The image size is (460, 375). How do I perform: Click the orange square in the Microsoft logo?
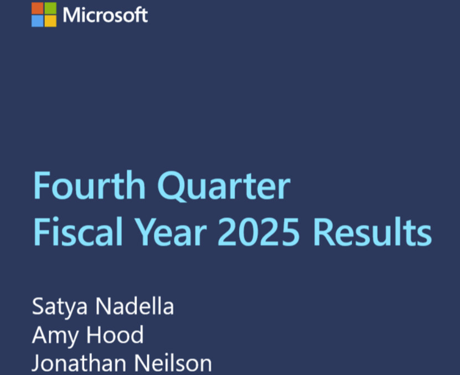click(37, 8)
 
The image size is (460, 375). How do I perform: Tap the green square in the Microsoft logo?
click(50, 8)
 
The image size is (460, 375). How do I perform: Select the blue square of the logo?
click(37, 21)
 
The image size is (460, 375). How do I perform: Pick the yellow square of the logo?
click(50, 21)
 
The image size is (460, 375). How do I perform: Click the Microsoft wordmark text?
click(105, 15)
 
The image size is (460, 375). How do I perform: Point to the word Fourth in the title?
click(90, 186)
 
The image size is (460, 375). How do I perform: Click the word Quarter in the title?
click(224, 186)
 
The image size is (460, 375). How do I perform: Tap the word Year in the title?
click(172, 232)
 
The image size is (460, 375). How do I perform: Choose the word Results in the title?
click(373, 232)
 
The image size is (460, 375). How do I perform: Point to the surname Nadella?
click(135, 306)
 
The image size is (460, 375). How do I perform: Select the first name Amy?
click(55, 335)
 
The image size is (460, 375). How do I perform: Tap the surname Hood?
click(115, 334)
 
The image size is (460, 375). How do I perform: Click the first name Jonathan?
click(79, 363)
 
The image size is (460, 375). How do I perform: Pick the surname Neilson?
click(173, 363)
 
